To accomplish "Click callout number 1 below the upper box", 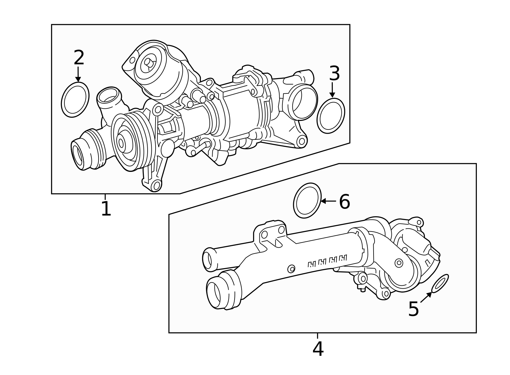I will pyautogui.click(x=106, y=209).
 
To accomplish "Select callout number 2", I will pyautogui.click(x=79, y=58).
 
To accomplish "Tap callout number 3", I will pyautogui.click(x=334, y=74).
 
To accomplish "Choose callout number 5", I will pyautogui.click(x=413, y=309).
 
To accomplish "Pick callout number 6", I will pyautogui.click(x=344, y=202).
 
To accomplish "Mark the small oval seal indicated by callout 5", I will pyautogui.click(x=440, y=283).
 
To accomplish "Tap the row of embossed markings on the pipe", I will pyautogui.click(x=327, y=261).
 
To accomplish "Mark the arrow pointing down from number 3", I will pyautogui.click(x=332, y=90).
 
